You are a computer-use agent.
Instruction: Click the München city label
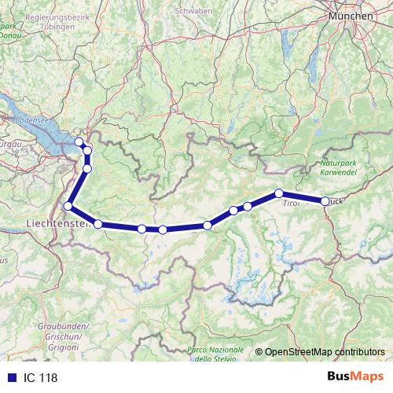click(351, 16)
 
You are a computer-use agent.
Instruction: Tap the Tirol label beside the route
click(291, 203)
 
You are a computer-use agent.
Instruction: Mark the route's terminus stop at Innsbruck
click(325, 201)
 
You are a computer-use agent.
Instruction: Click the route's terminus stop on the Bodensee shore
click(79, 141)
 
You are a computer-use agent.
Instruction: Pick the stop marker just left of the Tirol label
click(279, 193)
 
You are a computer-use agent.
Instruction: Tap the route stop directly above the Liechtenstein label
click(68, 206)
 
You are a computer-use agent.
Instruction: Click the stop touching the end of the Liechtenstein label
click(98, 224)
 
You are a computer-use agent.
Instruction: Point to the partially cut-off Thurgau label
click(8, 145)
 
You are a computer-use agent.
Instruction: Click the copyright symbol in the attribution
click(259, 352)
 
